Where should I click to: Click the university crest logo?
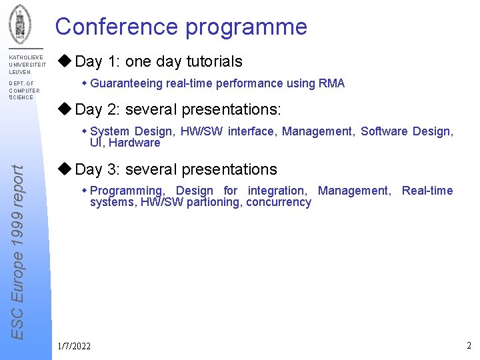19,21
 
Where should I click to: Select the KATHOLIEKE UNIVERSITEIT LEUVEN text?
27,65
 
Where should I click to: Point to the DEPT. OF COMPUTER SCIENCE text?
24,91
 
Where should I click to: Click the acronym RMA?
331,83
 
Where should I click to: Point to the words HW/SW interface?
227,131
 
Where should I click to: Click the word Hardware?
135,143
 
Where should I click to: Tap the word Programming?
126,191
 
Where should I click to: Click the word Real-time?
427,191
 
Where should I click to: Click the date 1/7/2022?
74,346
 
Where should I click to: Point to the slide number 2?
469,345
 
